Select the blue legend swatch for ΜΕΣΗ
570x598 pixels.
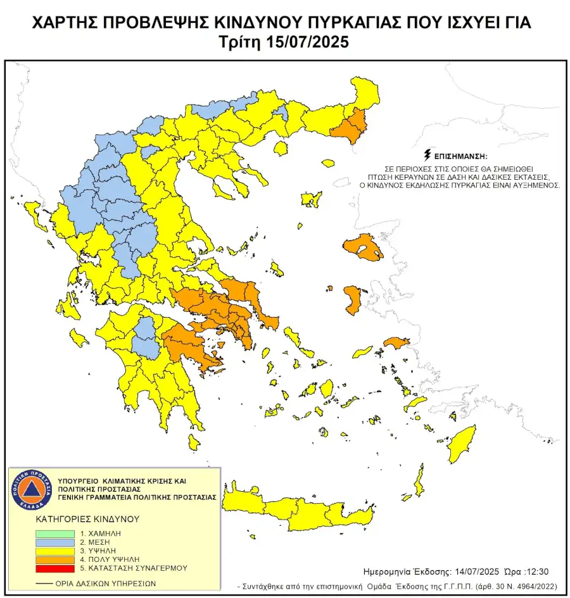tap(55, 543)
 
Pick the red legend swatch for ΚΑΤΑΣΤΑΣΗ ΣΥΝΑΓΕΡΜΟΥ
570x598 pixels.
tap(55, 569)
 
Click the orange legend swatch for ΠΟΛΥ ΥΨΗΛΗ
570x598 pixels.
tap(55, 560)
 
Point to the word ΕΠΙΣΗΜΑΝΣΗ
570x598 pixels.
tap(461, 155)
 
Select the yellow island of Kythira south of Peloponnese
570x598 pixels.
tap(194, 441)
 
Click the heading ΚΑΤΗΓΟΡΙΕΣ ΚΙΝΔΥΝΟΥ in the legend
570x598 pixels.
tap(87, 518)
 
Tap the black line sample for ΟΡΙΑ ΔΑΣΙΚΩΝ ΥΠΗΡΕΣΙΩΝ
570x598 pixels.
tap(44, 583)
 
